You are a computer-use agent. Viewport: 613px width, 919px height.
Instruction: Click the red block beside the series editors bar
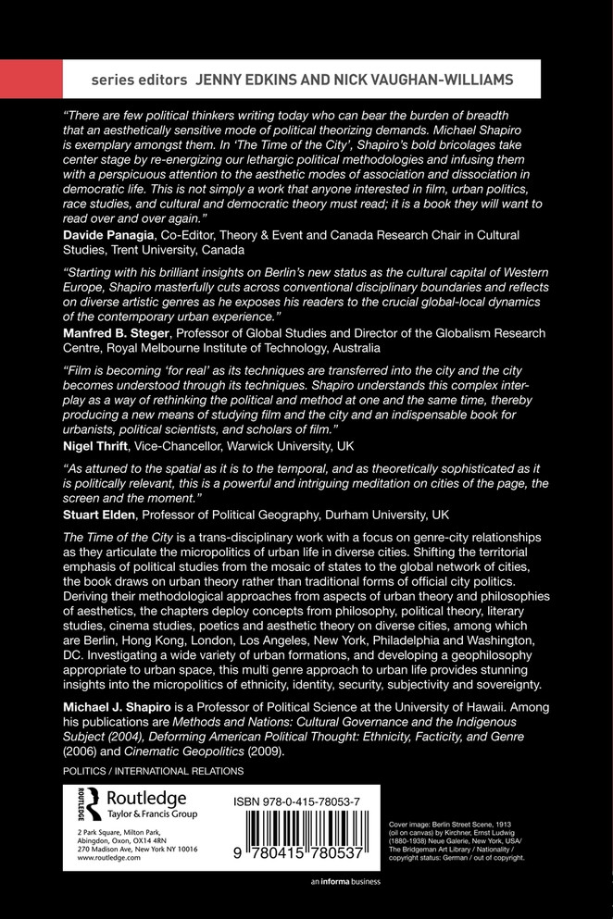31,80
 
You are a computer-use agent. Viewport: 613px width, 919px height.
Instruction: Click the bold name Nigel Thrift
94,444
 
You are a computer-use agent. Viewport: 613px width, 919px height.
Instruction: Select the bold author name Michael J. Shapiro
122,706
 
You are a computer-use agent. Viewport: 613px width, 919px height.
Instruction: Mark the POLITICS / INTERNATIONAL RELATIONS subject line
153,770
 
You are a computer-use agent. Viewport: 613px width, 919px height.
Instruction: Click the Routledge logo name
147,799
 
